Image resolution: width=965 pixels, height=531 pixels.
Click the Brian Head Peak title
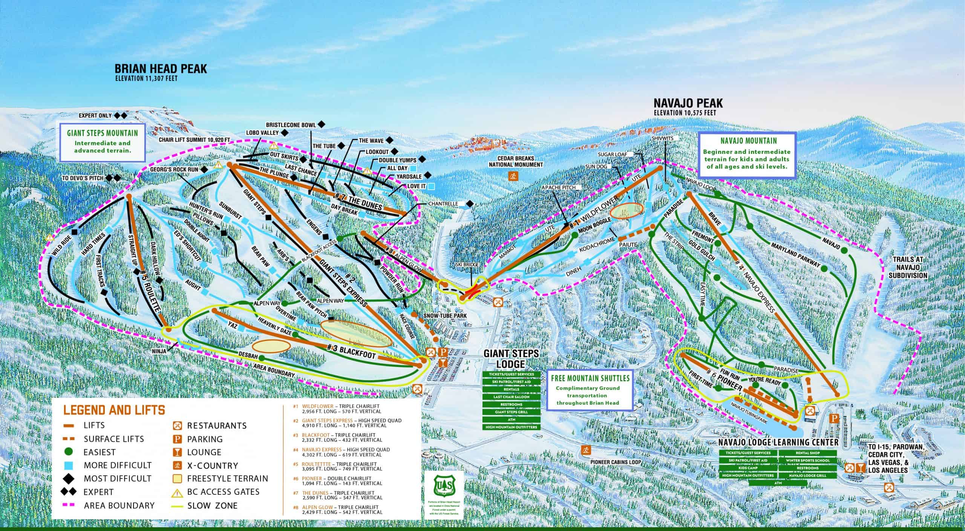tap(161, 69)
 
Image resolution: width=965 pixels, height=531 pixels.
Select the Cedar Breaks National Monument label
tap(516, 161)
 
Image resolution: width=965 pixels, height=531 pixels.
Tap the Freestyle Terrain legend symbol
tap(177, 479)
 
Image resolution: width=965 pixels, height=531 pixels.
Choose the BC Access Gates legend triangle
tap(177, 492)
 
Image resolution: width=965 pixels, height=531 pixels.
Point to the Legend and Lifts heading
tap(114, 410)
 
